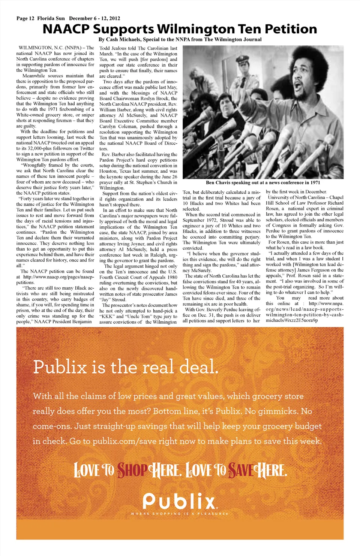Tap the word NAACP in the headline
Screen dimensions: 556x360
coord(66,29)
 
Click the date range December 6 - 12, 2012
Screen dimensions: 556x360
coord(94,18)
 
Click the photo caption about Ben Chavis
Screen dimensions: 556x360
coord(263,183)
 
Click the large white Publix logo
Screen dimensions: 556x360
coord(180,501)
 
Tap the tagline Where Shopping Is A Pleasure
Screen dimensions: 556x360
coord(179,514)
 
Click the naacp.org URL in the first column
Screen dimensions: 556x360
coord(58,277)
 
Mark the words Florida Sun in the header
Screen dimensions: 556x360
coord(51,18)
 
